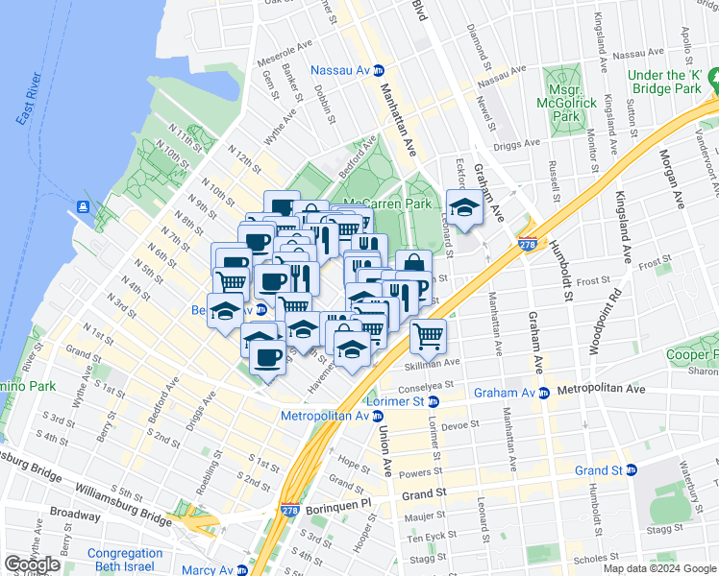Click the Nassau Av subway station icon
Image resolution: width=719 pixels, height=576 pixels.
[379, 70]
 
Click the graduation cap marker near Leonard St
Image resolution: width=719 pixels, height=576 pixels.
[464, 207]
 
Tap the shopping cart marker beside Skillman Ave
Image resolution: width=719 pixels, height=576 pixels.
[428, 336]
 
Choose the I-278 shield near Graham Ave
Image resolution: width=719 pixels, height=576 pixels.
[526, 244]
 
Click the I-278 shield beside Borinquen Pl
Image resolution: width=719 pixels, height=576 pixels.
[288, 514]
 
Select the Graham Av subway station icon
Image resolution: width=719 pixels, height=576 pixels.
[544, 392]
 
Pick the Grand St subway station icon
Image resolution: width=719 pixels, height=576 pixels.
[631, 470]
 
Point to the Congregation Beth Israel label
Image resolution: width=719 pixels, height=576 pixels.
[125, 561]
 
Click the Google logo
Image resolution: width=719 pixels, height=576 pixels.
[32, 564]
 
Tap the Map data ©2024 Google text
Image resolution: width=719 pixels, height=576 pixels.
[657, 568]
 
